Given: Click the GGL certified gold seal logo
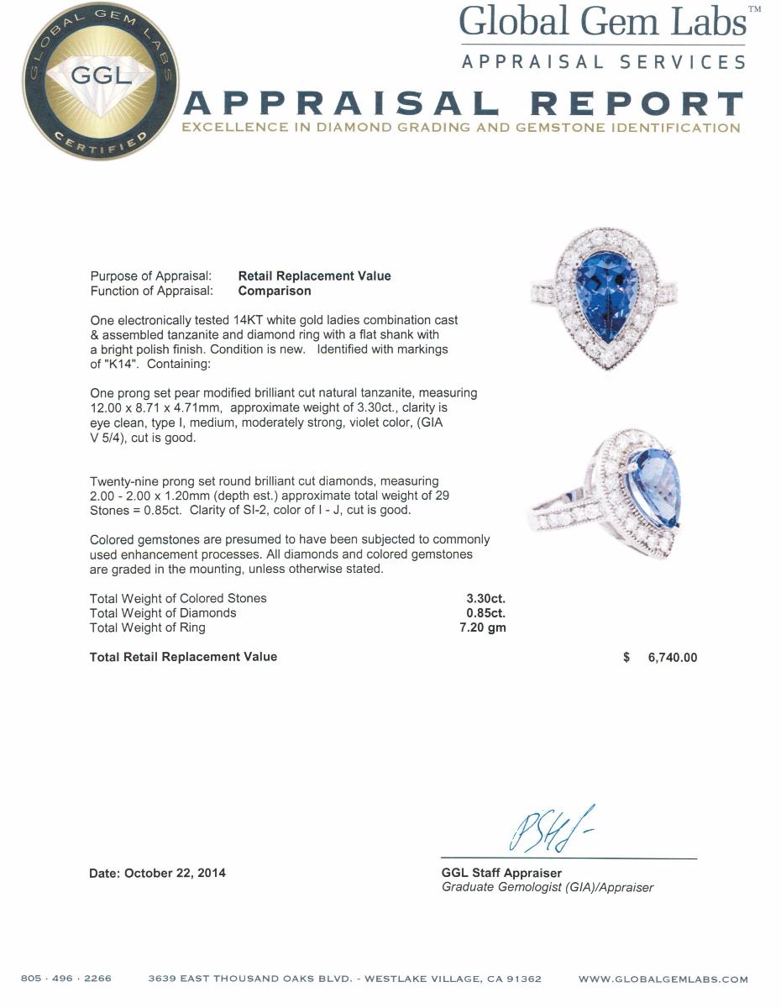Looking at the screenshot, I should (x=99, y=81).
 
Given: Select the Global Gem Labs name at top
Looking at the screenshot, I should (x=603, y=22).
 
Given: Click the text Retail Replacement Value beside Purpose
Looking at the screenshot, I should (x=314, y=276).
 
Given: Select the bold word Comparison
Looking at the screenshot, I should (x=275, y=291).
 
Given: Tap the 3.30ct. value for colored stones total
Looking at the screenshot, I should (x=486, y=598).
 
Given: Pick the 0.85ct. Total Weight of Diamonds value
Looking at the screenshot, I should (x=486, y=613).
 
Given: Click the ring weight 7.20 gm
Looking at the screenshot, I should (x=483, y=627).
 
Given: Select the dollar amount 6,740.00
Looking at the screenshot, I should (x=672, y=658).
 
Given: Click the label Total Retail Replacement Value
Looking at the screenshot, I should (x=183, y=657).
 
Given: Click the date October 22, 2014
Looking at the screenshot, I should (x=175, y=873).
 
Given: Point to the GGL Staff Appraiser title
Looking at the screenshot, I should (x=501, y=873).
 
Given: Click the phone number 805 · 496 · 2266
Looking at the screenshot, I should (x=66, y=979).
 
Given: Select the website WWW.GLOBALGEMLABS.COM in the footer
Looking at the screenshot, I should (x=663, y=979).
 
